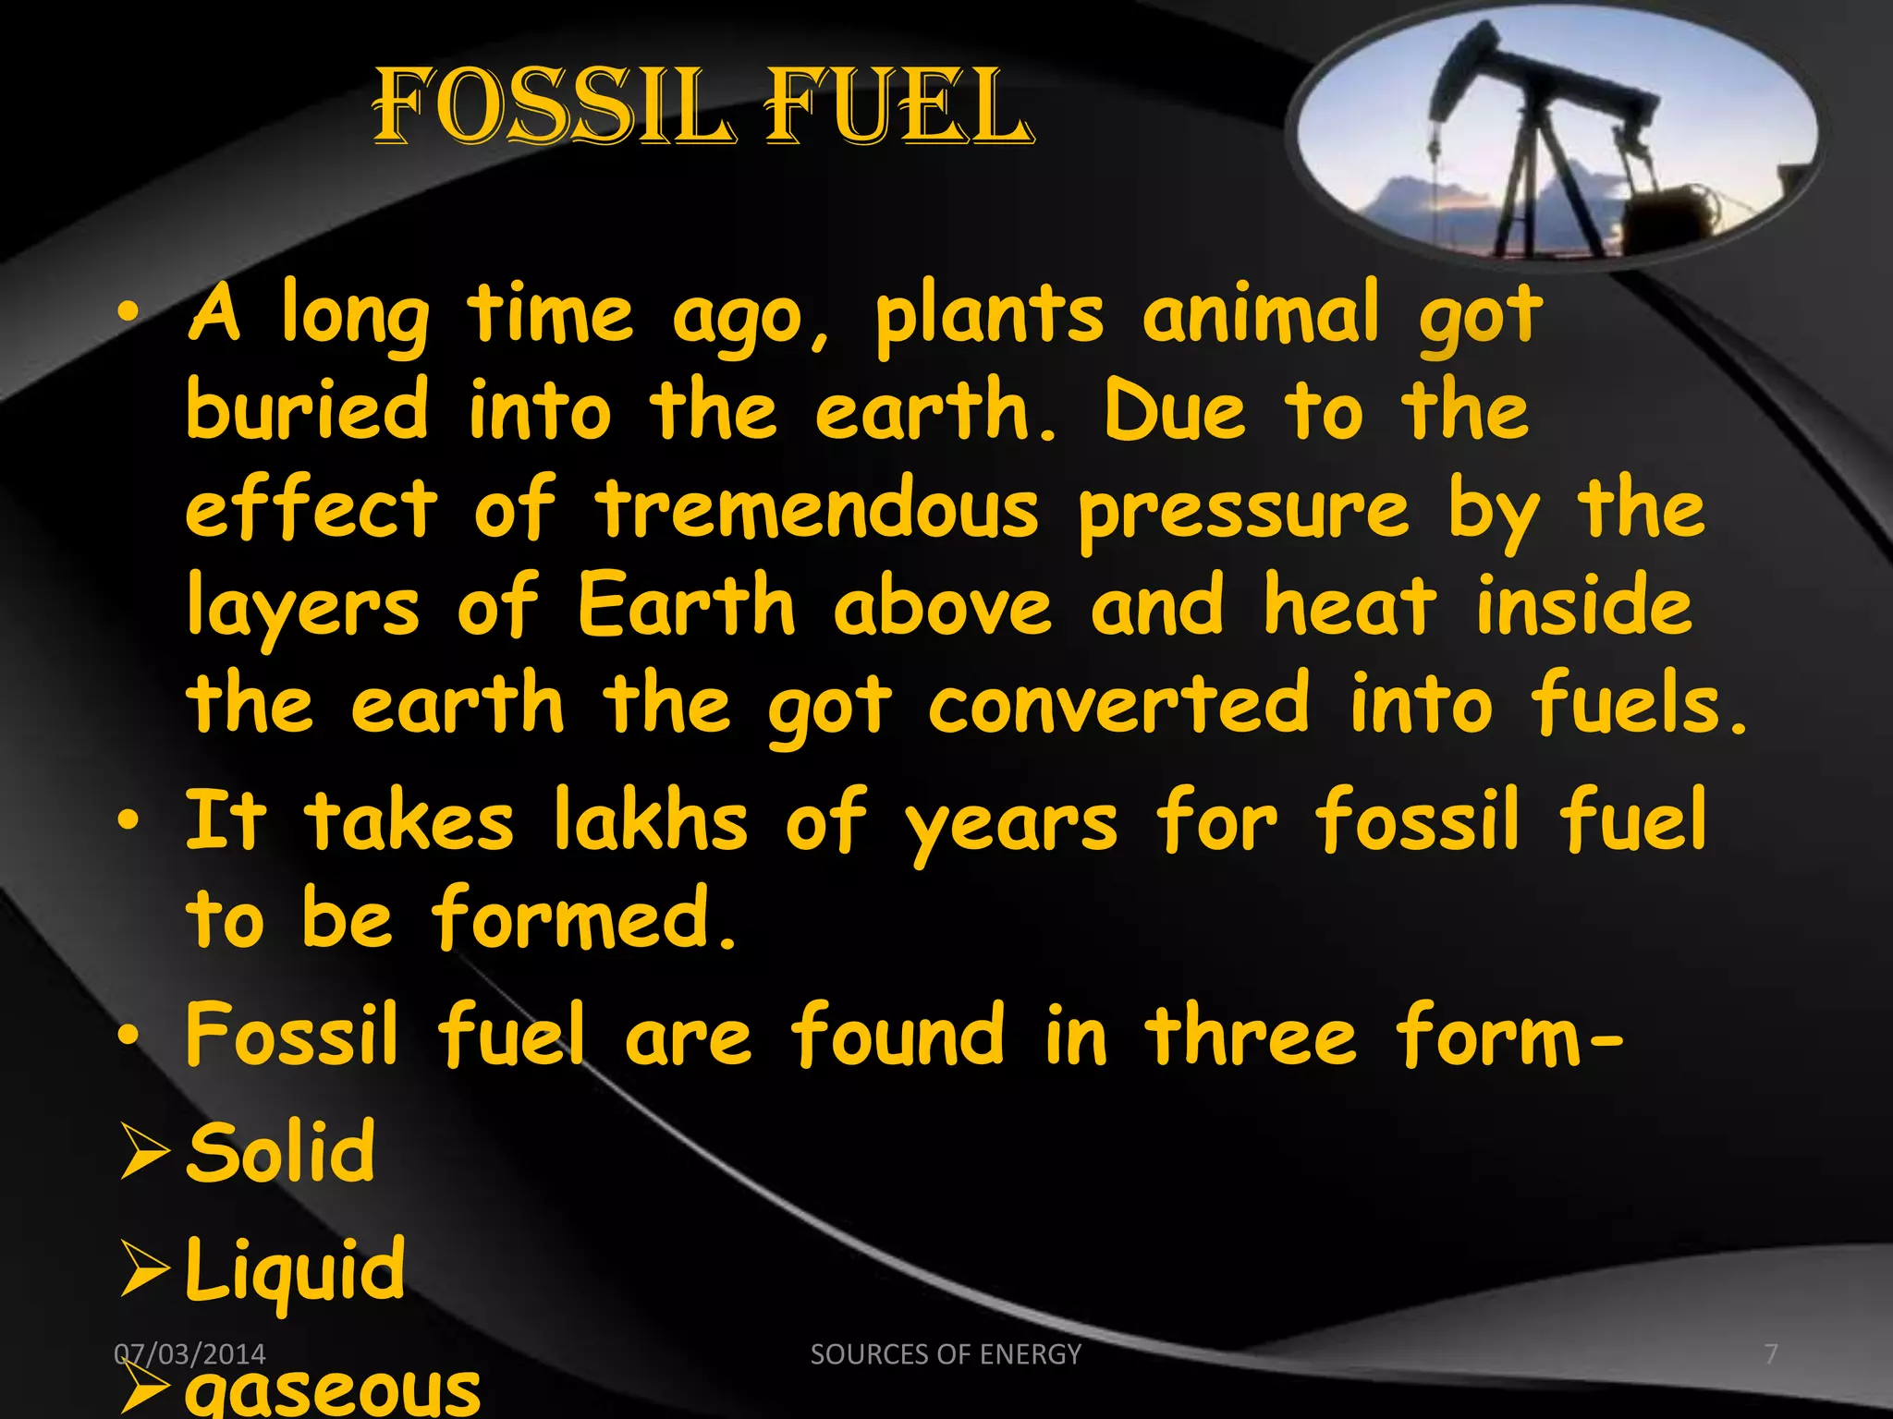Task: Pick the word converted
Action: click(1118, 704)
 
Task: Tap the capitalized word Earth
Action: click(686, 606)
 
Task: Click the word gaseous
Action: click(333, 1389)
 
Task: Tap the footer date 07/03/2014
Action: click(189, 1354)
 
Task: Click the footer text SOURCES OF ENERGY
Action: click(946, 1354)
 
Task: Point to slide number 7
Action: click(1771, 1354)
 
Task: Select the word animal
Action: click(1261, 313)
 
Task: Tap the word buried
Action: click(308, 411)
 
